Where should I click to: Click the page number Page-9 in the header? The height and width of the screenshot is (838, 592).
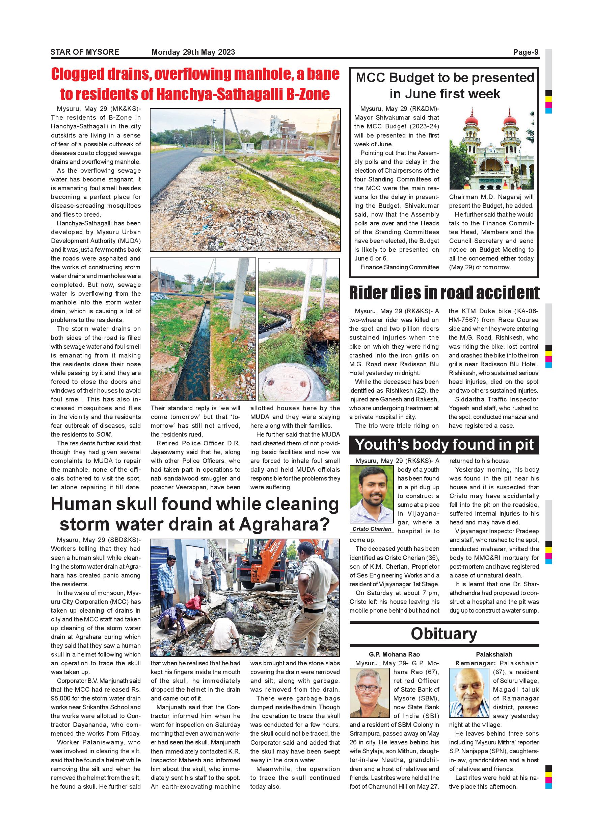tap(525, 52)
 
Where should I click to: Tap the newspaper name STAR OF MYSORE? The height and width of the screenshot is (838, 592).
tap(85, 52)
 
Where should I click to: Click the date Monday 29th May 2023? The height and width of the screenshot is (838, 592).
tap(193, 52)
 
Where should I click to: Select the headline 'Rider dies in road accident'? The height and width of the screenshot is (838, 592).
tap(444, 293)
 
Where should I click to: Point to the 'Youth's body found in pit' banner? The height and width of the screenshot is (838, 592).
tap(444, 445)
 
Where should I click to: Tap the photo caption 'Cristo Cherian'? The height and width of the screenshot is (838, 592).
tap(372, 529)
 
